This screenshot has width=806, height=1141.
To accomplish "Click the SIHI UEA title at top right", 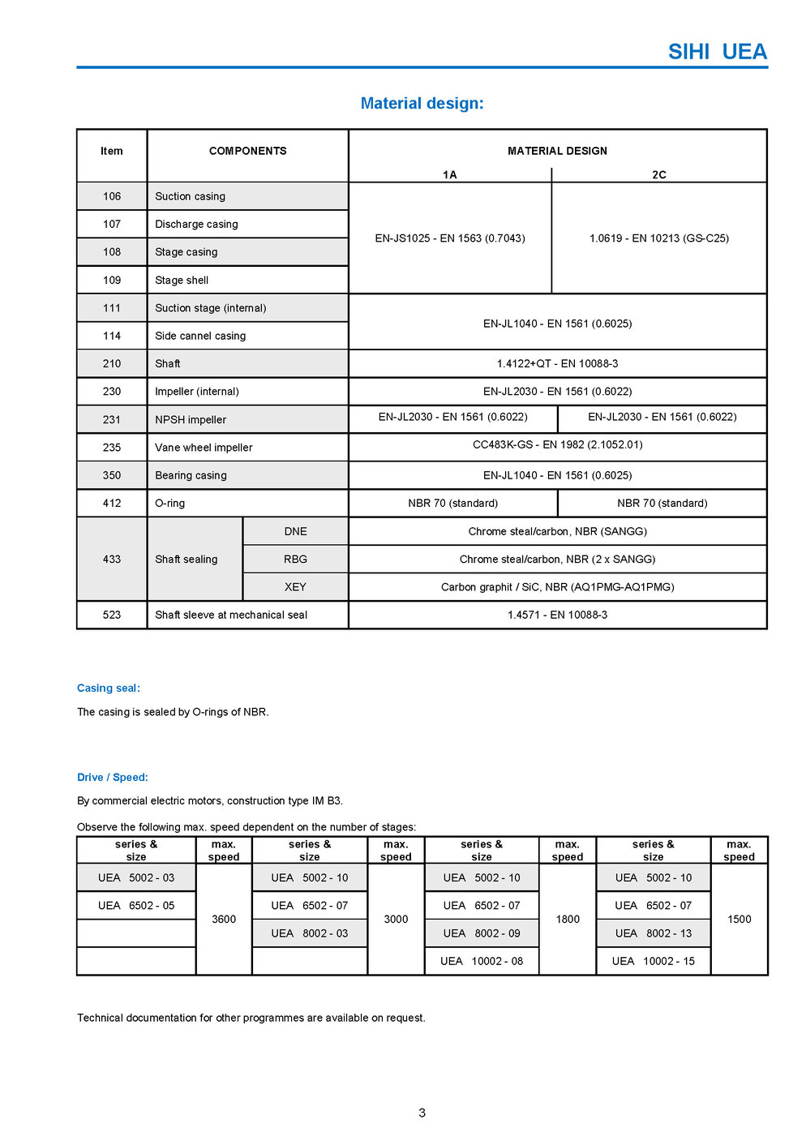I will pyautogui.click(x=717, y=52).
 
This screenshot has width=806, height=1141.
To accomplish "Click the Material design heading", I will pyautogui.click(x=422, y=104).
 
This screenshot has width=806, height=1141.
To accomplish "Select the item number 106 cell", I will pyautogui.click(x=112, y=196).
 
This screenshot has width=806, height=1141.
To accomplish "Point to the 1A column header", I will pyautogui.click(x=450, y=174).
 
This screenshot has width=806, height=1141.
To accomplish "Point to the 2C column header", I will pyautogui.click(x=659, y=174).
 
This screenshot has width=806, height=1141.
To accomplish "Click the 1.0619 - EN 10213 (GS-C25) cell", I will pyautogui.click(x=658, y=238).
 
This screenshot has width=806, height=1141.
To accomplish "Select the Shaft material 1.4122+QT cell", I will pyautogui.click(x=557, y=364).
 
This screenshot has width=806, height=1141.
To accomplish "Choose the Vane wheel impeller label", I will pyautogui.click(x=204, y=448).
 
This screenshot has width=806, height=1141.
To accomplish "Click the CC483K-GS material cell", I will pyautogui.click(x=557, y=445).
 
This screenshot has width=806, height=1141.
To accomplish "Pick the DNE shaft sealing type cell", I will pyautogui.click(x=295, y=532).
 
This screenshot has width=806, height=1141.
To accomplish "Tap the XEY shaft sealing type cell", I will pyautogui.click(x=295, y=587).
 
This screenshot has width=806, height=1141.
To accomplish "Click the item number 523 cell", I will pyautogui.click(x=112, y=616).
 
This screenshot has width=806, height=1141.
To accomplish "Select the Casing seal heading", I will pyautogui.click(x=109, y=688).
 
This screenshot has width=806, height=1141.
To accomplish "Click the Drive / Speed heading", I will pyautogui.click(x=113, y=778).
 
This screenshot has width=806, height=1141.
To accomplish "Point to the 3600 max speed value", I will pyautogui.click(x=224, y=920).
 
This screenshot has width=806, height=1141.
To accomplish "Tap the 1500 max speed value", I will pyautogui.click(x=739, y=920).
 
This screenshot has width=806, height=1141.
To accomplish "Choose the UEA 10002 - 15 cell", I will pyautogui.click(x=653, y=962).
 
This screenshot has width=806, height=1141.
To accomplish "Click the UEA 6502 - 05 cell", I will pyautogui.click(x=136, y=906).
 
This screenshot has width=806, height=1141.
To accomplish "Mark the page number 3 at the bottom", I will pyautogui.click(x=422, y=1113).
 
